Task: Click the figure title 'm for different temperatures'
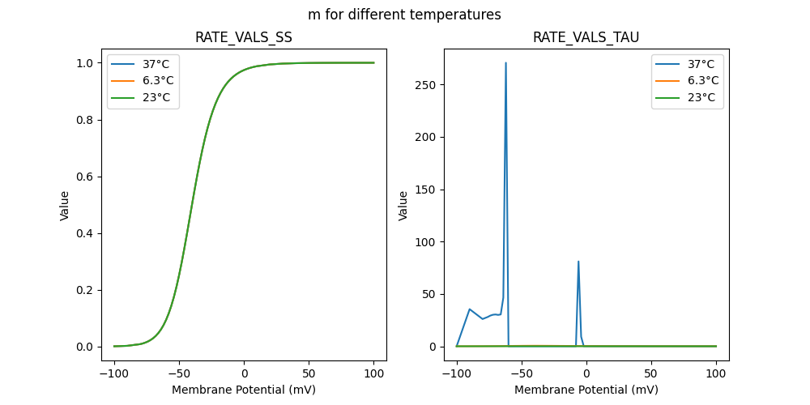coord(404,15)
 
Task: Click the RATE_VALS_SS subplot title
coord(243,37)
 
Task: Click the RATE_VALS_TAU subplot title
coord(586,37)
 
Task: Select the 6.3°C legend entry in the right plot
coord(701,80)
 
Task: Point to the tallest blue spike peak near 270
coord(505,63)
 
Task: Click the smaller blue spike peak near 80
coord(578,262)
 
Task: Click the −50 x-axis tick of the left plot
coord(179,373)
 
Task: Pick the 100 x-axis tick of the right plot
coord(716,373)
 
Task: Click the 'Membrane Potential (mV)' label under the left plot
coord(243,390)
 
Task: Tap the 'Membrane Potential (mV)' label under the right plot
coord(586,390)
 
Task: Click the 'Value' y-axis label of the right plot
coord(403,206)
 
